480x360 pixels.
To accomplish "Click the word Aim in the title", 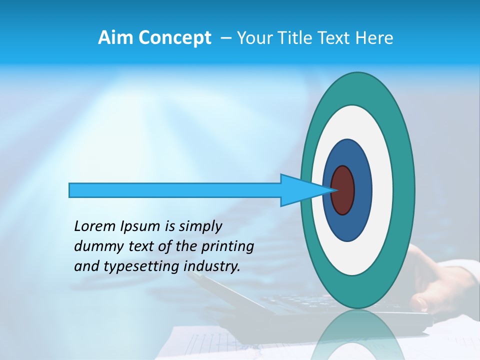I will click(x=116, y=38).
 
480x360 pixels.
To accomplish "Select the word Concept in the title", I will click(x=175, y=38).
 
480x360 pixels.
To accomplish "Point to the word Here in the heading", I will click(x=374, y=38).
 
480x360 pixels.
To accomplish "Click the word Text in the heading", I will click(x=336, y=38).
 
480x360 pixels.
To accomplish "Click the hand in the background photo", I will click(x=440, y=285).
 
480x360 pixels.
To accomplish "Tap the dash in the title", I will click(x=225, y=38).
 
